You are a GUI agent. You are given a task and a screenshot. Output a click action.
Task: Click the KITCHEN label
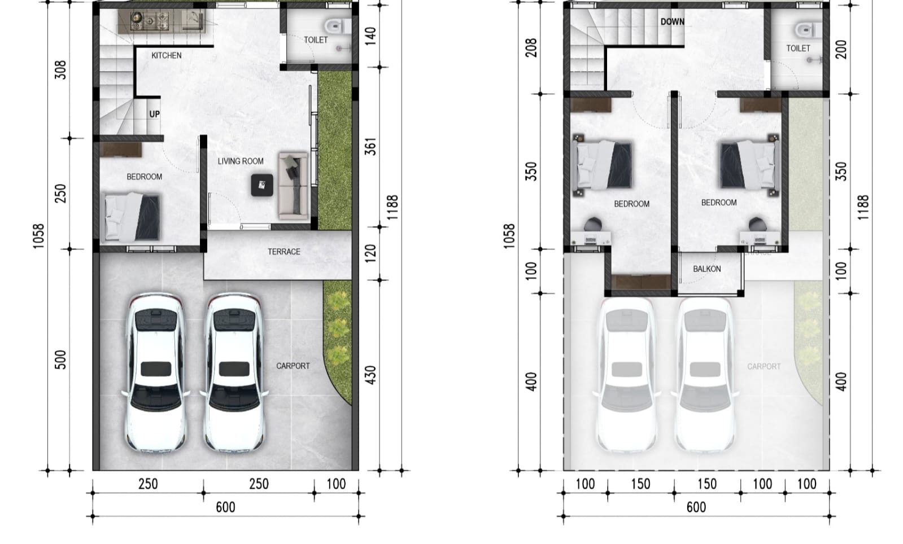tap(166, 55)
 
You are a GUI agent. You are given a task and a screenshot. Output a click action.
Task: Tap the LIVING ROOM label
tap(241, 161)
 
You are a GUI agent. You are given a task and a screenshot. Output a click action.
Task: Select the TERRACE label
tap(283, 252)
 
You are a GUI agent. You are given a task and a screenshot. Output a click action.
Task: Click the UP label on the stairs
tap(154, 114)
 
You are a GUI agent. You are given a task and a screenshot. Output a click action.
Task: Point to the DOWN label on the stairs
tap(672, 22)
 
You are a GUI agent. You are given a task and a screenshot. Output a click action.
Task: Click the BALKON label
tap(706, 269)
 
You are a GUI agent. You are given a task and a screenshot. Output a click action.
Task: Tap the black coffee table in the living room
tap(262, 185)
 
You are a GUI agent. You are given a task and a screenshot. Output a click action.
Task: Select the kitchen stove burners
tap(150, 21)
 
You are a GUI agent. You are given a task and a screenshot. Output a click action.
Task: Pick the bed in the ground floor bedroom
tap(133, 218)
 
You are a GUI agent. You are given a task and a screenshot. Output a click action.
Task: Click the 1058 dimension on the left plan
tap(38, 236)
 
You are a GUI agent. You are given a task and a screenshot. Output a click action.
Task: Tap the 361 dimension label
tap(370, 147)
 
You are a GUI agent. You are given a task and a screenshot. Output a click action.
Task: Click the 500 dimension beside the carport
tap(60, 359)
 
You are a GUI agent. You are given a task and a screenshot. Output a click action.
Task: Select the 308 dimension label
tap(60, 69)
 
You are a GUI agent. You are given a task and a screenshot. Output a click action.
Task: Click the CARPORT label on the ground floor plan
tap(293, 366)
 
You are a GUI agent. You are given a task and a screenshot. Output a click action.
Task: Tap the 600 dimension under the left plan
tap(225, 507)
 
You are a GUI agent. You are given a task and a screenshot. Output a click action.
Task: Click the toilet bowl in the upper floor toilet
tap(802, 29)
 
